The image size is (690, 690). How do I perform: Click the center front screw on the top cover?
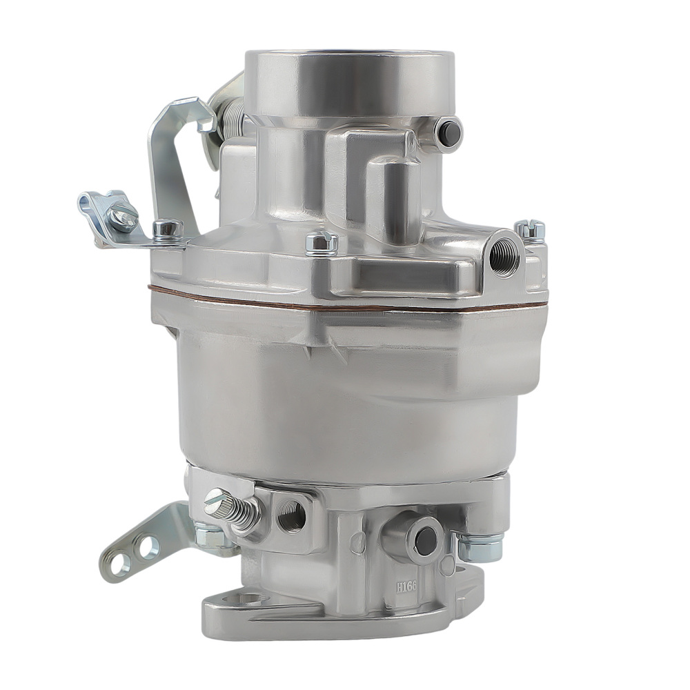[322, 243]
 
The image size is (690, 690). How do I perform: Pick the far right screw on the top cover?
[530, 230]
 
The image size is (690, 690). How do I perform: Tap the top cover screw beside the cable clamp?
[168, 229]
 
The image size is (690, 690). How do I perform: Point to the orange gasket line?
[345, 305]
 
